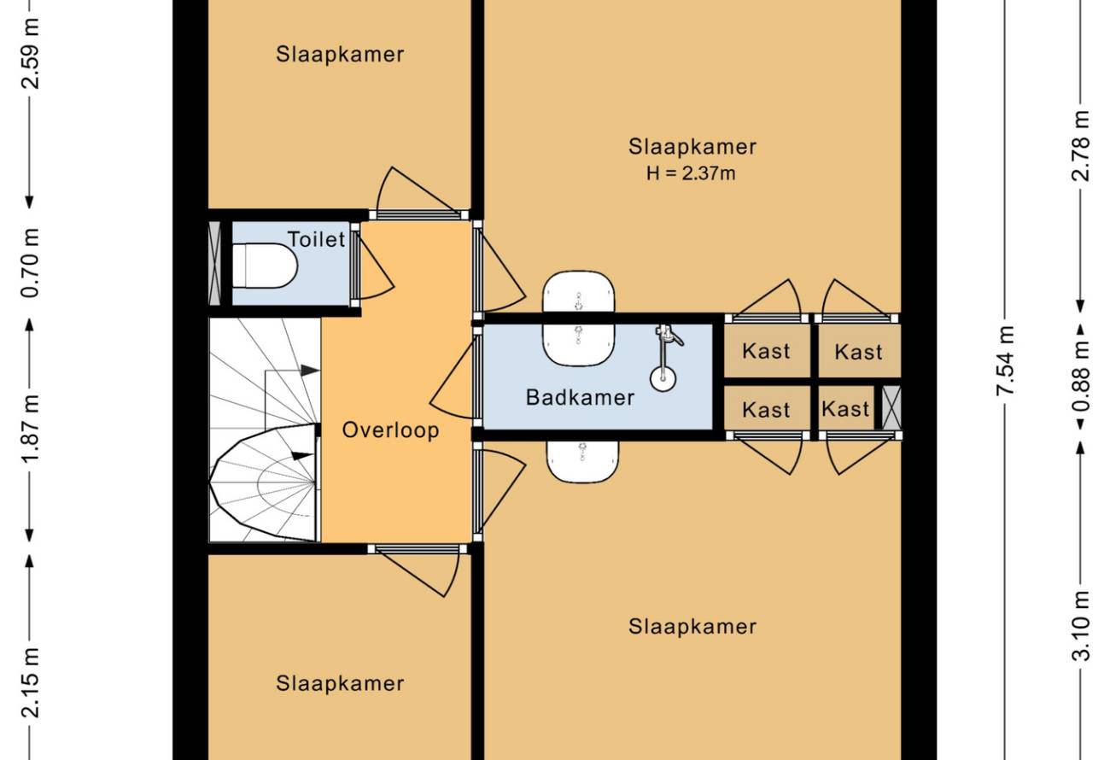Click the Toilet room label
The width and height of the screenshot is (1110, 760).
point(316,240)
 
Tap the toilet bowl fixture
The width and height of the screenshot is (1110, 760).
point(265,266)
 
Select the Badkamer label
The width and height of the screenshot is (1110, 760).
point(580,397)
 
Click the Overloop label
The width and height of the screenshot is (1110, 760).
point(390,430)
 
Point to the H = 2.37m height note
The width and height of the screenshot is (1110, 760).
point(691,173)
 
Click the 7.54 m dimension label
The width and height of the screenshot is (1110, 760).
point(1005,360)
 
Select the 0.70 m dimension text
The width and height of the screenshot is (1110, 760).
point(30,262)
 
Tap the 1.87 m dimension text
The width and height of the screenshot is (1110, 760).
point(30,428)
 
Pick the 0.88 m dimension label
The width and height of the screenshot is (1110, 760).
point(1080,377)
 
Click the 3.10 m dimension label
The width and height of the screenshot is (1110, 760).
point(1080,626)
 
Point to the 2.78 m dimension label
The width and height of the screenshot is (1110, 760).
point(1080,146)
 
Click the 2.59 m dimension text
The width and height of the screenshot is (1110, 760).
point(30,54)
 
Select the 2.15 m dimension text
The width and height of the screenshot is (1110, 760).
point(30,682)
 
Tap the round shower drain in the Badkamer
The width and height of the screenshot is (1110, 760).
point(663,378)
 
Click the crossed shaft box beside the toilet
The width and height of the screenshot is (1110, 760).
point(214,264)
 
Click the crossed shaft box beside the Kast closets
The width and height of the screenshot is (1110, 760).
point(891,407)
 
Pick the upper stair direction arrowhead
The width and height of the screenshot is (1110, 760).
point(311,370)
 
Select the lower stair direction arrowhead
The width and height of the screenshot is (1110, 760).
point(303,455)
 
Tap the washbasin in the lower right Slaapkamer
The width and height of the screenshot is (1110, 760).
point(582,462)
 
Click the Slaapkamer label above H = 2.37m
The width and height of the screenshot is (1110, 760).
point(692,147)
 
